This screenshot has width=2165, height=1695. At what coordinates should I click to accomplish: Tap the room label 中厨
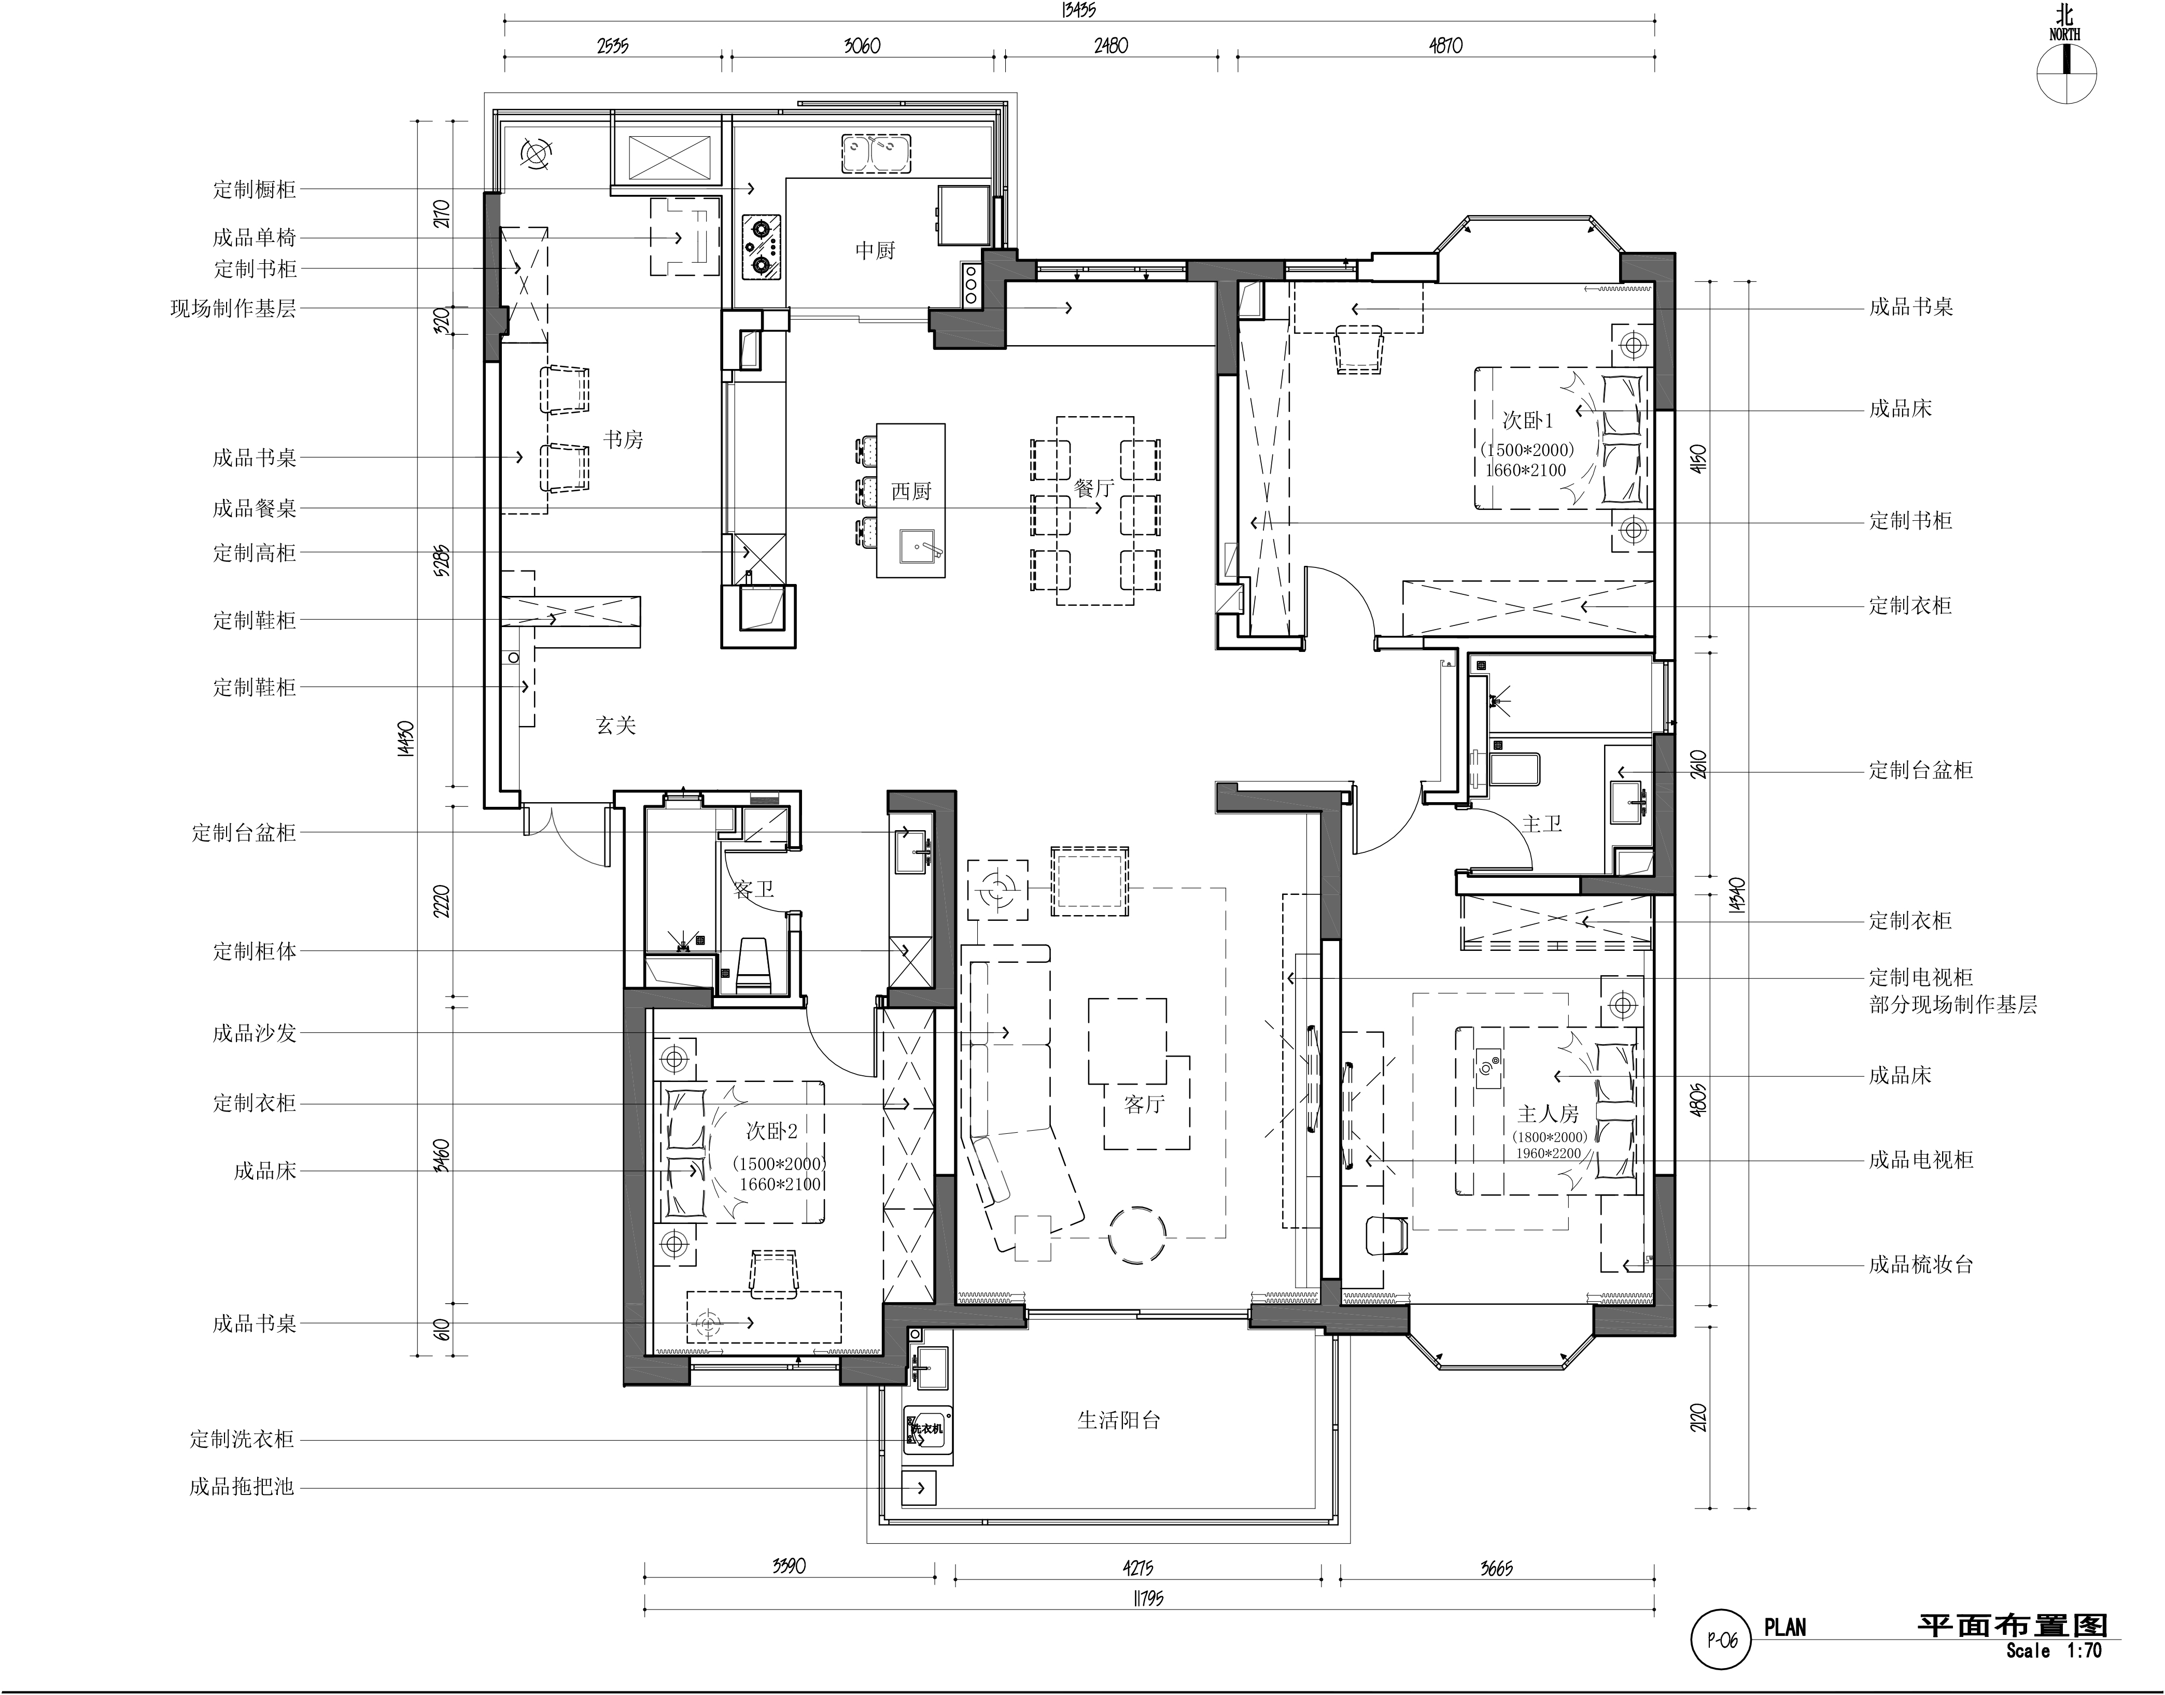(875, 250)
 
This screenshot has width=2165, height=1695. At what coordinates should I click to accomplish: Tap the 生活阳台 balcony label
(1119, 1420)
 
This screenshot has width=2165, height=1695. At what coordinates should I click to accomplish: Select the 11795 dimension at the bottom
(1147, 1598)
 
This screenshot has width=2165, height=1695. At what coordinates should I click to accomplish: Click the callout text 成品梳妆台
(1921, 1264)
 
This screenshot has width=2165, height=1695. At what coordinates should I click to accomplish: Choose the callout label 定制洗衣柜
(242, 1439)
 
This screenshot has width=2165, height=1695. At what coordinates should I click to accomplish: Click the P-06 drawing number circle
(1722, 1640)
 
